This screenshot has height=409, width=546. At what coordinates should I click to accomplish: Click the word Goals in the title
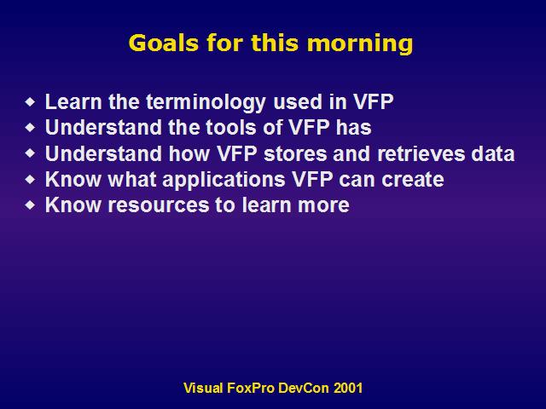[164, 43]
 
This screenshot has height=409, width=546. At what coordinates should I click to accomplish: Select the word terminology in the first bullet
[206, 103]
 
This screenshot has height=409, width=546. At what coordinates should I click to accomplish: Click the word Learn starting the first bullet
[73, 102]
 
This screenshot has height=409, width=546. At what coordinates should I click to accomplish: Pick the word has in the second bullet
[353, 127]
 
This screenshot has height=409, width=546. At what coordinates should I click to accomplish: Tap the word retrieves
[421, 153]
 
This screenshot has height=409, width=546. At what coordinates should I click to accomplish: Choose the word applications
[224, 181]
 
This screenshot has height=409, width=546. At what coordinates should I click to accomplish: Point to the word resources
[158, 205]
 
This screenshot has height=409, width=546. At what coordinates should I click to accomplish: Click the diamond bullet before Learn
[31, 102]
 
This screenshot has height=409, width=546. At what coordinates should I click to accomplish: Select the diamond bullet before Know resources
[31, 205]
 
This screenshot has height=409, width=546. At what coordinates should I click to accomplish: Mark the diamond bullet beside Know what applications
[31, 180]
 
